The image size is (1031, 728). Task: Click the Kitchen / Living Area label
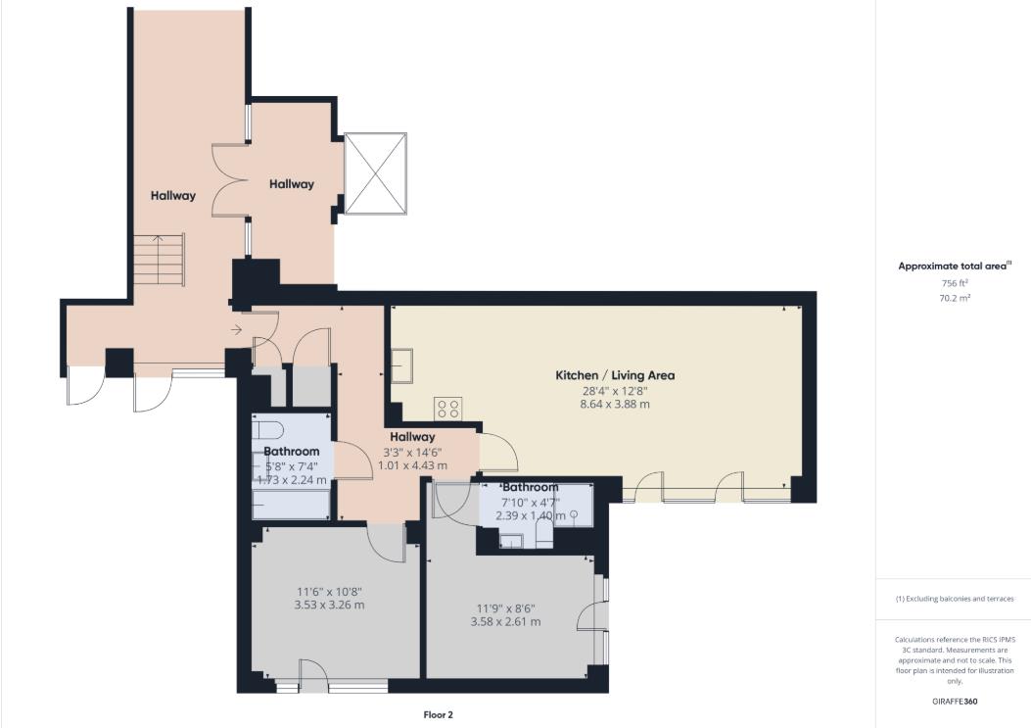[x=615, y=375]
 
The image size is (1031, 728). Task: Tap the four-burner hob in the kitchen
[x=447, y=409]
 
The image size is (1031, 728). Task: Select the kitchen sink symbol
[x=401, y=366]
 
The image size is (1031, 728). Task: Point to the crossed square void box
[x=375, y=173]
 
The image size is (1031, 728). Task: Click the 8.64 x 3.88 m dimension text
[x=615, y=404]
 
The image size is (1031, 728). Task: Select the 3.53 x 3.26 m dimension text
[x=329, y=605]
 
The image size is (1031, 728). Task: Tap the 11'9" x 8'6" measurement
[x=505, y=608]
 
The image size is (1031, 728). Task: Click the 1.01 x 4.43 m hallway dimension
[x=412, y=465]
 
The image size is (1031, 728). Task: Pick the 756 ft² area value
[x=954, y=283]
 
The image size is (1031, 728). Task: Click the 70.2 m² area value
[x=954, y=298]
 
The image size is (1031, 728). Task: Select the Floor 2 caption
[x=438, y=715]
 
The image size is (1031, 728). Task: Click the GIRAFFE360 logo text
[x=954, y=702]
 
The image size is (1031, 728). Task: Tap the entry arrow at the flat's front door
[x=237, y=329]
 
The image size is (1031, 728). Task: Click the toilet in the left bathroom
[x=267, y=430]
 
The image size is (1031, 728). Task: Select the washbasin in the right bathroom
[x=510, y=541]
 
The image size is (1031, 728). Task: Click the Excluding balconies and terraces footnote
[x=955, y=599]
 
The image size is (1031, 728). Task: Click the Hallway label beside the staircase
[x=173, y=196]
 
